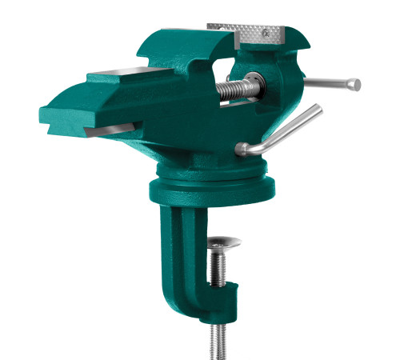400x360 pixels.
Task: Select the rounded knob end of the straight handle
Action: pyautogui.click(x=355, y=84)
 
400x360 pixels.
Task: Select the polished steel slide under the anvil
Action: pyautogui.click(x=112, y=127)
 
